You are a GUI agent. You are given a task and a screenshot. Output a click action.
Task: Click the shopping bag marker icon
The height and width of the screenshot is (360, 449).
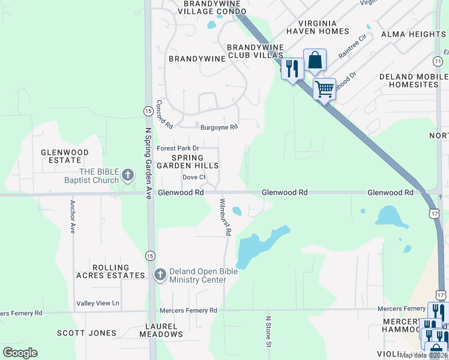pyautogui.click(x=315, y=61)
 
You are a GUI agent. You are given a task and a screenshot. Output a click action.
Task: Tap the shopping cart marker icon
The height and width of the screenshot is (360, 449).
pyautogui.click(x=324, y=89)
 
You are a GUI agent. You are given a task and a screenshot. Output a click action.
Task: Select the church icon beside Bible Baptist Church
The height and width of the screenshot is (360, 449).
pyautogui.click(x=127, y=175)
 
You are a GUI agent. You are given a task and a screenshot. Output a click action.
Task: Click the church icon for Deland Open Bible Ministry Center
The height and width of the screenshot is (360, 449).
pyautogui.click(x=160, y=275)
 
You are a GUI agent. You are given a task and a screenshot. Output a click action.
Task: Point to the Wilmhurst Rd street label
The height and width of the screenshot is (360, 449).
pyautogui.click(x=225, y=217)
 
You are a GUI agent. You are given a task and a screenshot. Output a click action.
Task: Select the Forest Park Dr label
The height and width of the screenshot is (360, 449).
pyautogui.click(x=178, y=148)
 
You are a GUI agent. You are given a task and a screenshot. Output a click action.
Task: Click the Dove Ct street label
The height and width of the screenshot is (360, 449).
pyautogui.click(x=194, y=178)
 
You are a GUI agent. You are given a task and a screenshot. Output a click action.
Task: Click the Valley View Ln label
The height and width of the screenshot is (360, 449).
pyautogui.click(x=98, y=304)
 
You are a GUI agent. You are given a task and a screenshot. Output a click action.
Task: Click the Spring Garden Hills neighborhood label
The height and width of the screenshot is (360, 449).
pyautogui.click(x=187, y=161)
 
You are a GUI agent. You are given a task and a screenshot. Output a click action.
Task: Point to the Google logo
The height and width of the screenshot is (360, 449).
pyautogui.click(x=20, y=353)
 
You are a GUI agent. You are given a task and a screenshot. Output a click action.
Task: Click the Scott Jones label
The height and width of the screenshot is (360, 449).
pyautogui.click(x=86, y=333)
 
